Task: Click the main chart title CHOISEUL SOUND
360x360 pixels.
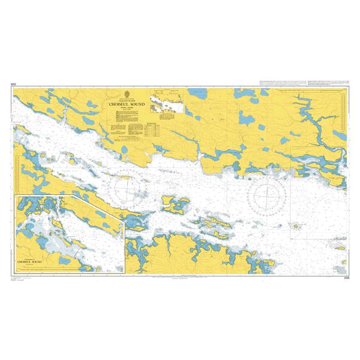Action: pos(127,103)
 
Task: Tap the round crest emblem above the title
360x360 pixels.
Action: pos(127,92)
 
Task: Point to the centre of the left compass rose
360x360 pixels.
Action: pos(129,189)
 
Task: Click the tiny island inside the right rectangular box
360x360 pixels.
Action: pos(296,227)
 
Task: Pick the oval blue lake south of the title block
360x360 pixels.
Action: pos(124,149)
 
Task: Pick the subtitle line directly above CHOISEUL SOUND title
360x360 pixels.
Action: pos(127,98)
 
